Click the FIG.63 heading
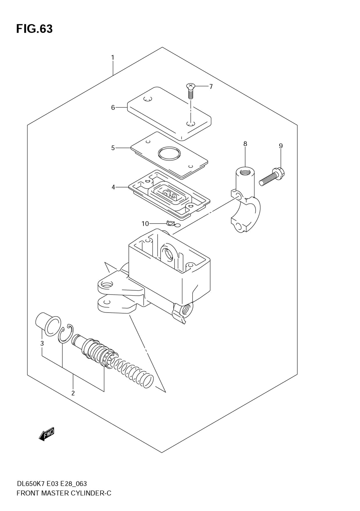click(34, 29)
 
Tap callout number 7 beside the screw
click(211, 86)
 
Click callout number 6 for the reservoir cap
click(113, 107)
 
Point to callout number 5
click(113, 148)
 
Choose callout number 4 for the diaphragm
click(113, 187)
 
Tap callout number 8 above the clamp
click(245, 144)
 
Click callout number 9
click(281, 146)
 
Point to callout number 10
click(145, 224)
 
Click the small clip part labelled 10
click(171, 224)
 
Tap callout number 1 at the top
click(113, 57)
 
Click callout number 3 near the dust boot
click(42, 343)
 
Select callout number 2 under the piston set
click(73, 393)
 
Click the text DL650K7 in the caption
click(31, 484)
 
